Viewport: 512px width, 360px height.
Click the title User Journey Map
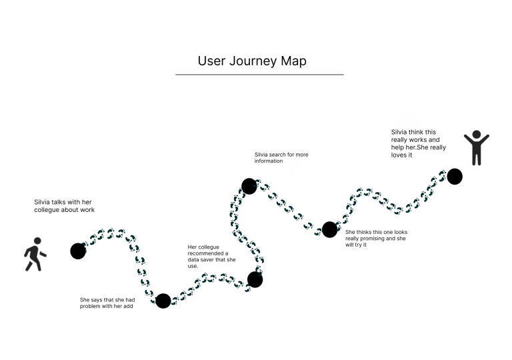(252, 61)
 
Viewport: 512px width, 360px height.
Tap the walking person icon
(35, 254)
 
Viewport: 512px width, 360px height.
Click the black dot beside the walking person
(78, 251)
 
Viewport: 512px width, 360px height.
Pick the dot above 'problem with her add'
(163, 301)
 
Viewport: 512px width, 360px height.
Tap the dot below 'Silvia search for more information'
(249, 186)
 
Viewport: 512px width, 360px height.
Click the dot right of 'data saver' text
(255, 279)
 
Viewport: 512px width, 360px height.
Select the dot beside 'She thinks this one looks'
(329, 229)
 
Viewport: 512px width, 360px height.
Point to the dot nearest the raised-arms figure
(455, 176)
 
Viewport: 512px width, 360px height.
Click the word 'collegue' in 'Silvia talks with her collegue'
(48, 210)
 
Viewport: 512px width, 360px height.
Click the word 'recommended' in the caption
(207, 253)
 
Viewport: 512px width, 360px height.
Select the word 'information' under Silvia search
(269, 161)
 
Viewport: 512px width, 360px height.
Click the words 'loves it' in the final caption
(402, 155)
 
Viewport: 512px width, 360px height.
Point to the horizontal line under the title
(259, 75)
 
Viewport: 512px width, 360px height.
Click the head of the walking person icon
(37, 241)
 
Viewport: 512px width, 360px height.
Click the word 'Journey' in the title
(252, 61)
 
